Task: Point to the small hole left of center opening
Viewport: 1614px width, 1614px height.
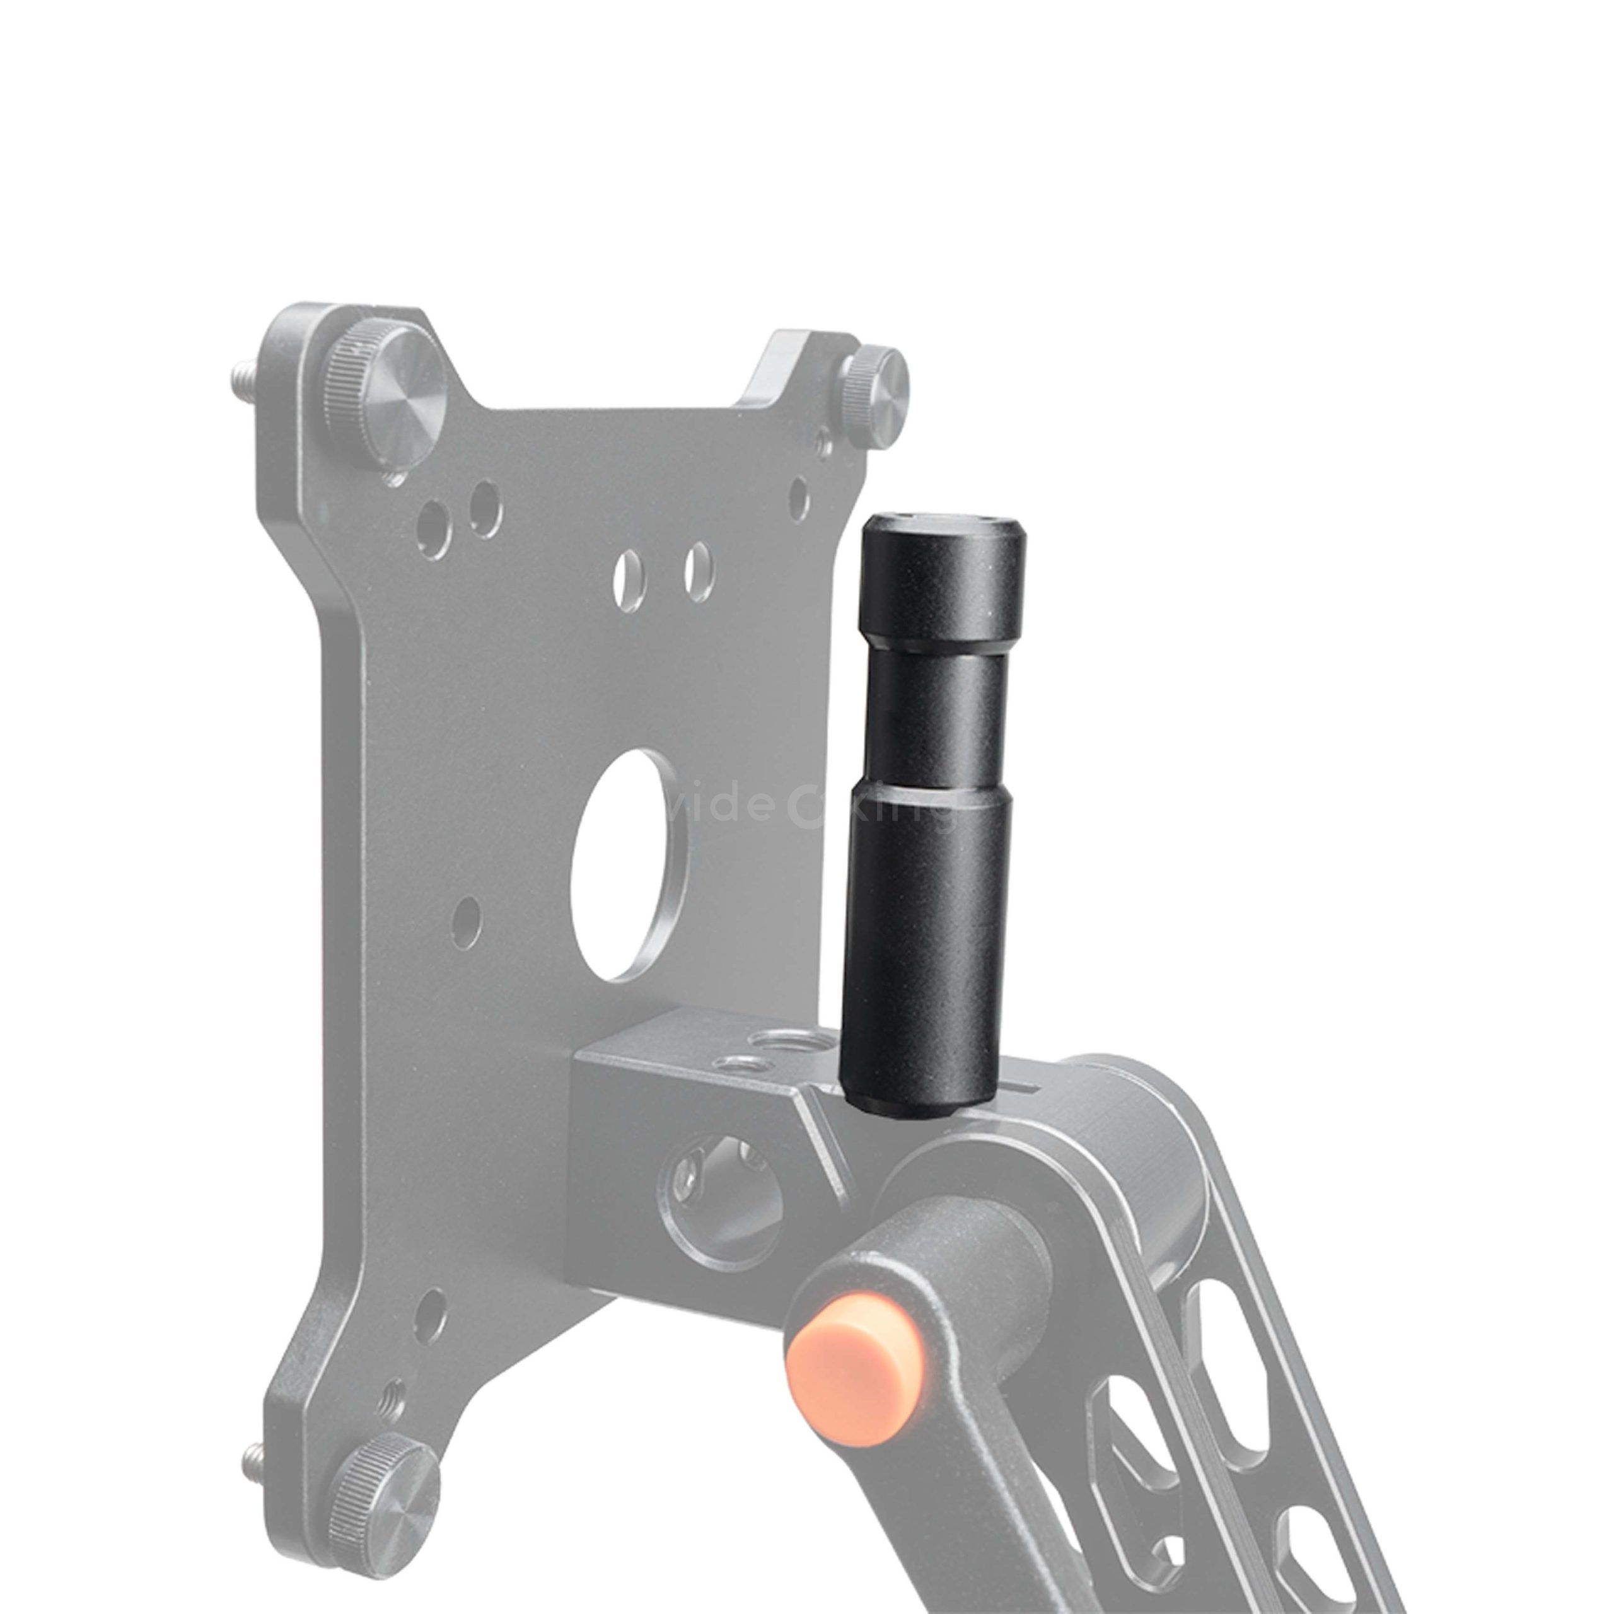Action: pos(468,917)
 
